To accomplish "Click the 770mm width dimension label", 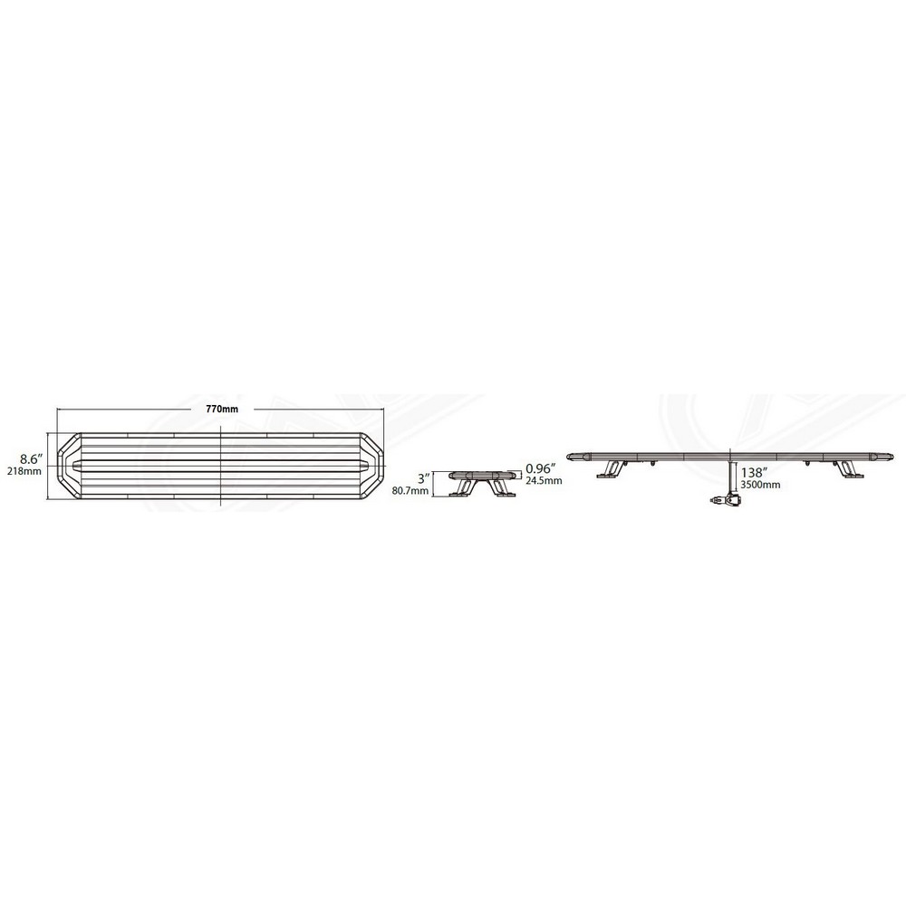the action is [223, 410].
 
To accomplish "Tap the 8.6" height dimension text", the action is [33, 459].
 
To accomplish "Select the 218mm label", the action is [24, 471].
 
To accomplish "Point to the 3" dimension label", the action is [425, 479].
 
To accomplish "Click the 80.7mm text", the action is [410, 491].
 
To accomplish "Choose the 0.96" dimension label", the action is [541, 468].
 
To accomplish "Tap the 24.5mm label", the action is [544, 481].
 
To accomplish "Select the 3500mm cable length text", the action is [761, 485].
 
